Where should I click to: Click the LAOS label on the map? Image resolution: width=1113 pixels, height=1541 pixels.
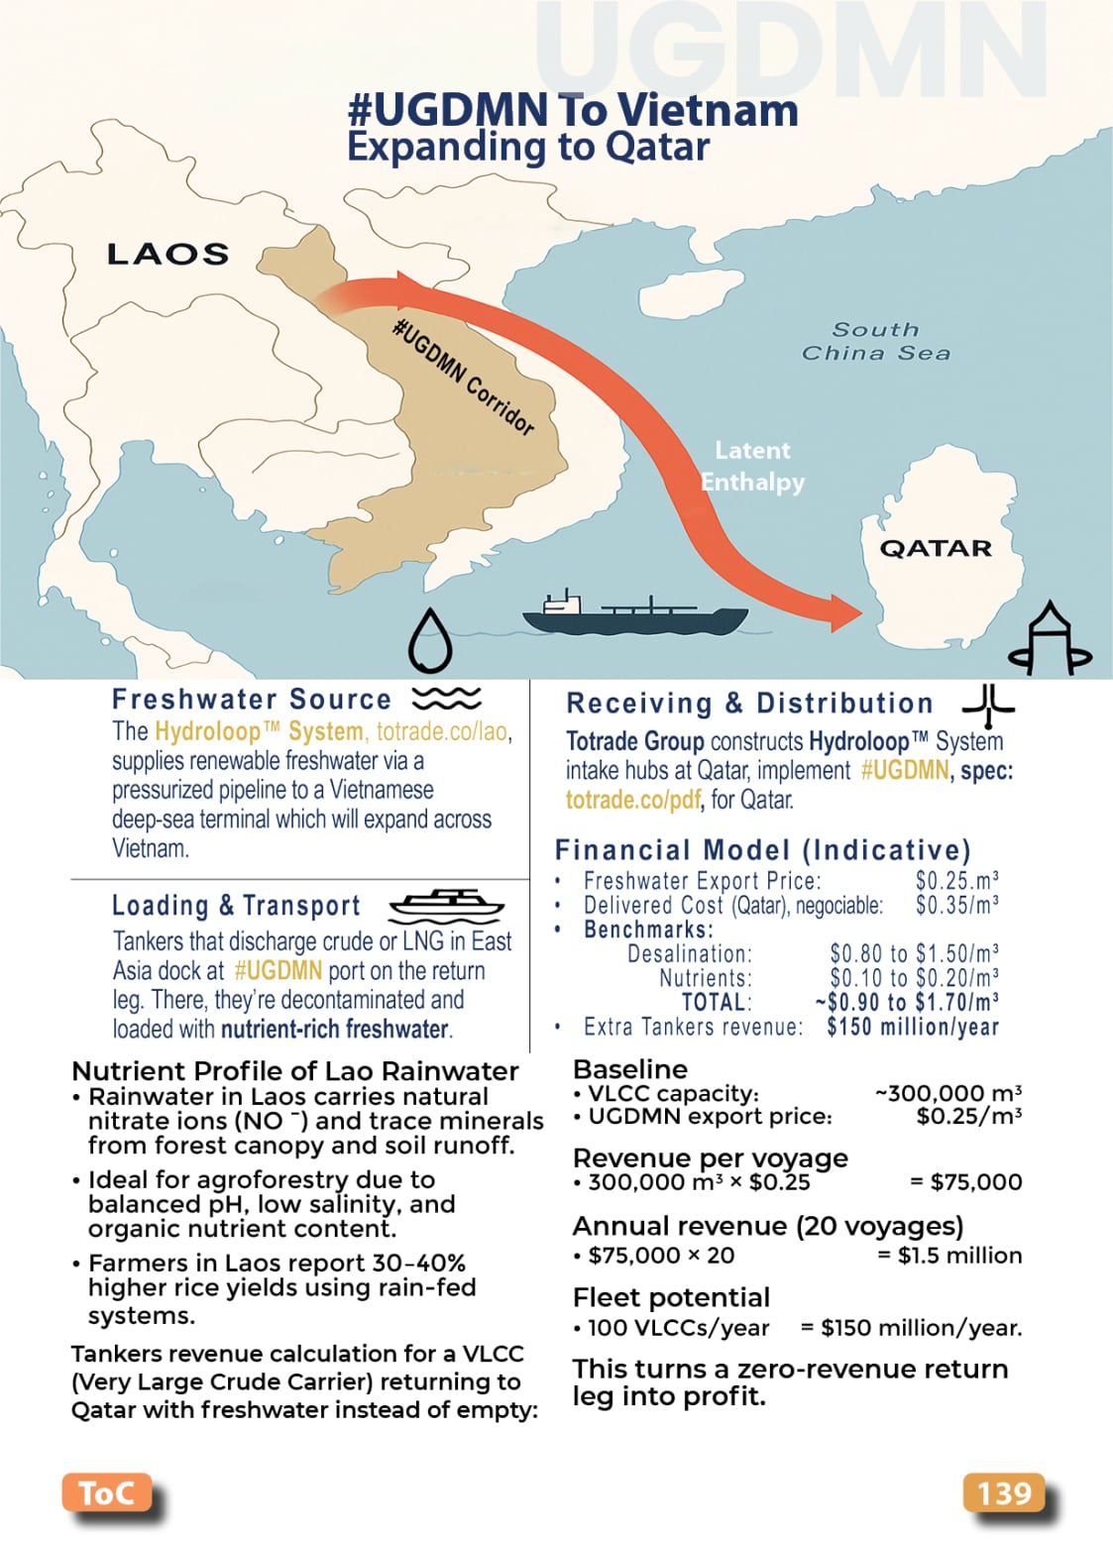point(167,255)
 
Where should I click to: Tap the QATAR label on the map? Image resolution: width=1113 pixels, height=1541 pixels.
point(936,548)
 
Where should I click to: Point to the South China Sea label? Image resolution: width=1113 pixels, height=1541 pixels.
point(875,341)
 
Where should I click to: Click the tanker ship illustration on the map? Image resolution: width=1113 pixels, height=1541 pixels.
point(634,614)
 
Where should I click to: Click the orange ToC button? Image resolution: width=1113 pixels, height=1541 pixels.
point(106,1492)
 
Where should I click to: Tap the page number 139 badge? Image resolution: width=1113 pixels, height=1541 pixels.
point(1004,1492)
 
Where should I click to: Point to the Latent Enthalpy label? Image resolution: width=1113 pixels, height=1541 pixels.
point(753,466)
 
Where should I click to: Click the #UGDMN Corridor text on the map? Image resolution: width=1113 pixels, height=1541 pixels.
point(464,377)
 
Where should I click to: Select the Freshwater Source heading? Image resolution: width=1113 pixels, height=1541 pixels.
point(252,700)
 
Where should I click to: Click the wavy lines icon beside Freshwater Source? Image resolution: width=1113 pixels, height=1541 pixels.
point(447,699)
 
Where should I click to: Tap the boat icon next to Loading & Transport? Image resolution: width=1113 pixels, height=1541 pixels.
point(447,904)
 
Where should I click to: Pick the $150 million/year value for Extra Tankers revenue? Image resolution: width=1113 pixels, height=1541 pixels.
point(913,1027)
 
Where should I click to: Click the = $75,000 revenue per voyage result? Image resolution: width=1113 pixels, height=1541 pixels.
point(965,1181)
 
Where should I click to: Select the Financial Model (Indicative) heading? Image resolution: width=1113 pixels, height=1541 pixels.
point(762,850)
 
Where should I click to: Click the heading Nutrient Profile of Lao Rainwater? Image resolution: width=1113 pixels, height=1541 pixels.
point(294,1071)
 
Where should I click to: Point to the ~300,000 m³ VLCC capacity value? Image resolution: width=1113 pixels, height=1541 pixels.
point(947,1093)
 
